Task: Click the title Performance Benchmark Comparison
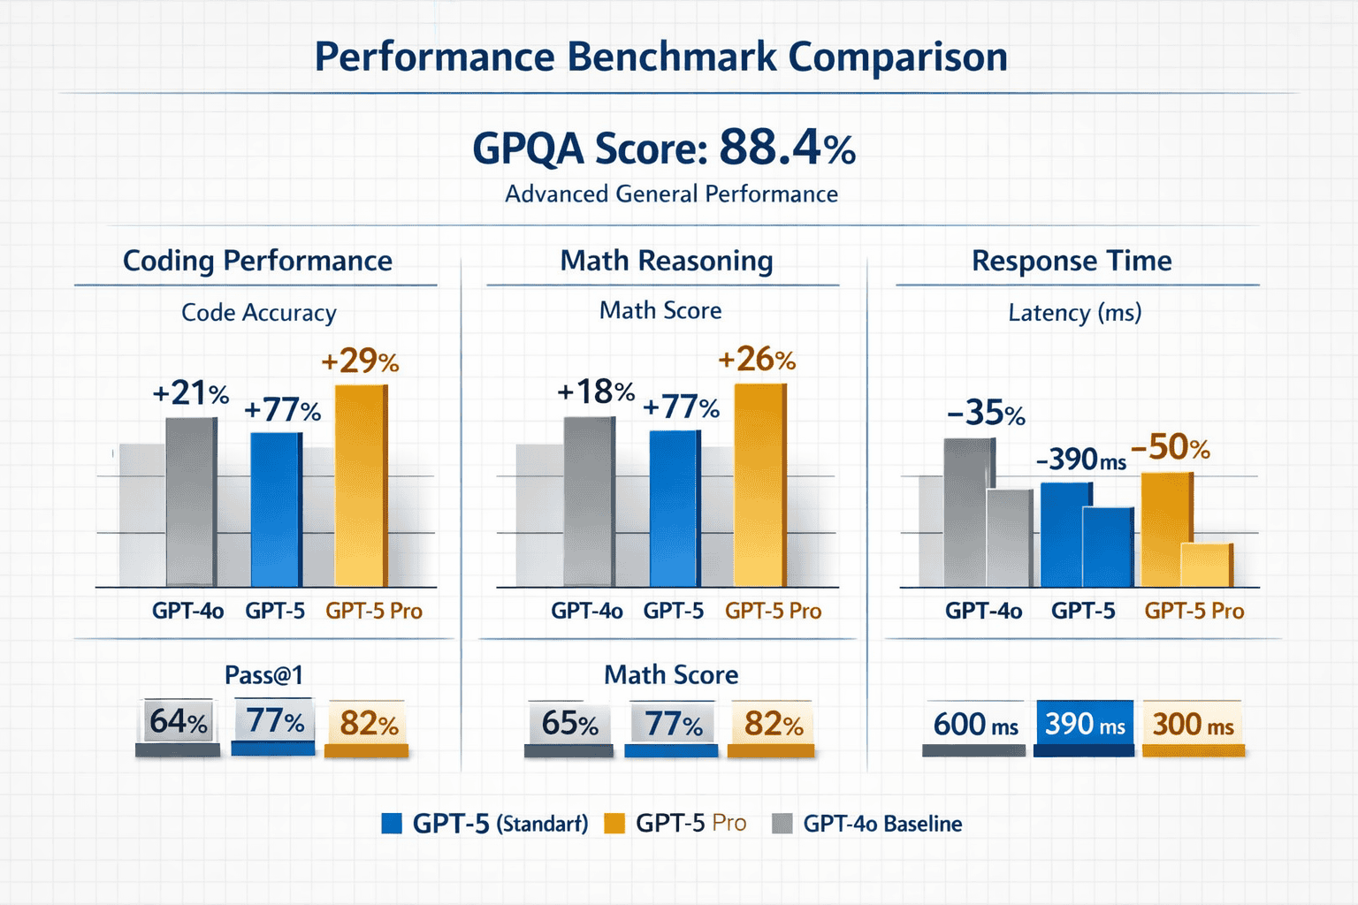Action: coord(661,57)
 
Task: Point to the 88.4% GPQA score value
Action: coord(787,148)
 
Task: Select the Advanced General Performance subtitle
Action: coord(671,194)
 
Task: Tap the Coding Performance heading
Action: coord(257,261)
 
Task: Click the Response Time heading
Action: coord(1072,261)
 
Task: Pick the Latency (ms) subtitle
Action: coord(1074,313)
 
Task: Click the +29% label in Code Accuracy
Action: coord(360,361)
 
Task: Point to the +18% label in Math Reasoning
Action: coord(596,392)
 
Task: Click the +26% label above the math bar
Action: coord(757,359)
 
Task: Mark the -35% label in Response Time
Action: coord(986,413)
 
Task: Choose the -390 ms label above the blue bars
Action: coord(1080,460)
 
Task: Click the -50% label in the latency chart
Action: coord(1171,447)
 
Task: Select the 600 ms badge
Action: coord(975,725)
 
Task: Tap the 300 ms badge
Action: coord(1193,725)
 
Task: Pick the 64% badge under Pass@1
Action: coord(178,722)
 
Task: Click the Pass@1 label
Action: coord(263,675)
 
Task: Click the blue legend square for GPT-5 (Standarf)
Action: coord(391,824)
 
